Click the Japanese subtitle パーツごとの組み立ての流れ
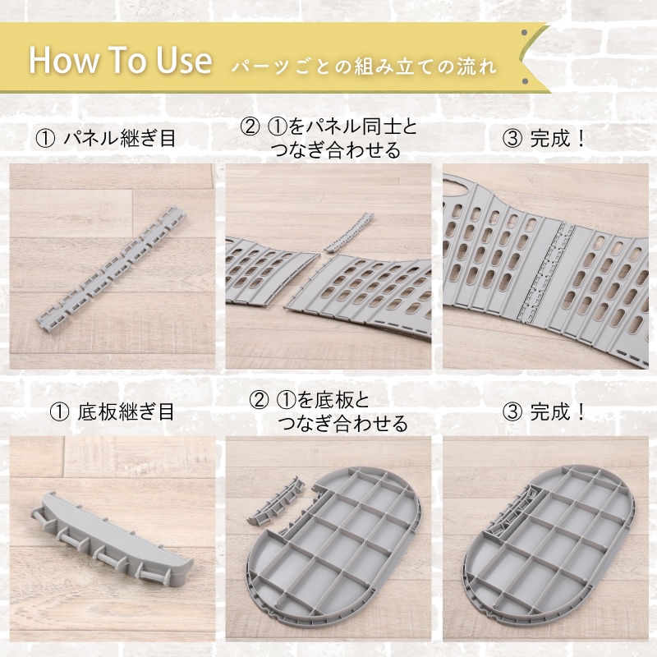364,67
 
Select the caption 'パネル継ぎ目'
119,138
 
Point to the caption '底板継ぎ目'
126,411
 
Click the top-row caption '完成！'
558,138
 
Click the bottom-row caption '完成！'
558,411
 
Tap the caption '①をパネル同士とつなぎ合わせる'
329,138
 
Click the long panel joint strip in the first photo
112,268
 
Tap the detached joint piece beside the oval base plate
277,500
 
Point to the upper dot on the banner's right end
524,33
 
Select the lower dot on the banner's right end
525,81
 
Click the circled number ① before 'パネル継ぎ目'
46,139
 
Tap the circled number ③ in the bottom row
512,412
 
